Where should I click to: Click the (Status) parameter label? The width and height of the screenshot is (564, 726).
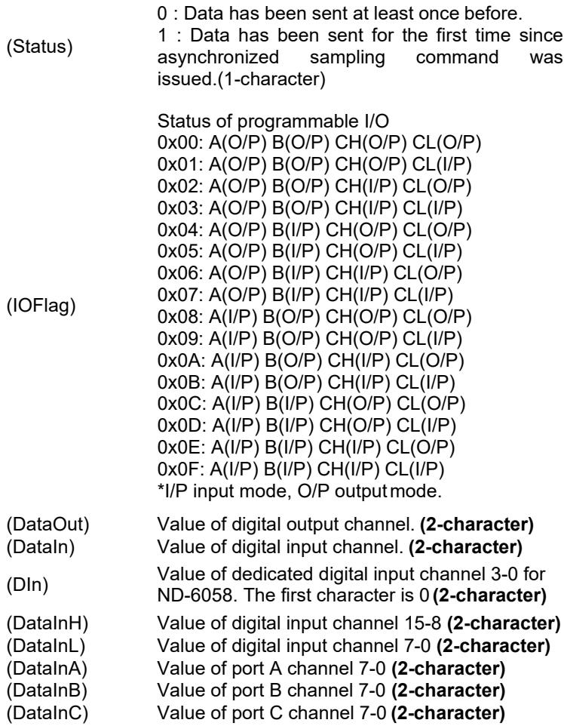(x=39, y=47)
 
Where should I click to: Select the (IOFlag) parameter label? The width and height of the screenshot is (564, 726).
(x=41, y=306)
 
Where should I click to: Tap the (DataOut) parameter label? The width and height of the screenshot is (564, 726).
(x=48, y=525)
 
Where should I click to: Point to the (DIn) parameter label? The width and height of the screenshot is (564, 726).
(x=27, y=585)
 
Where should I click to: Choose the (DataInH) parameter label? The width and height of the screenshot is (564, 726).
(x=48, y=623)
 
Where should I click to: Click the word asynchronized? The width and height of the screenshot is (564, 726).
(x=219, y=57)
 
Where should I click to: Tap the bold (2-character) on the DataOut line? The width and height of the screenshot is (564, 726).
(x=477, y=525)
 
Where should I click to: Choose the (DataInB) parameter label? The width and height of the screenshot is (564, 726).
(x=47, y=691)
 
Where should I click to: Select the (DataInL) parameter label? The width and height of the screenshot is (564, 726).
(x=46, y=646)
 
